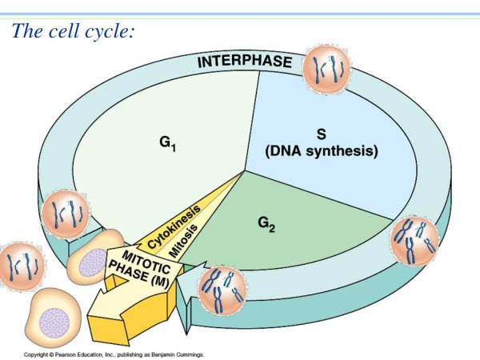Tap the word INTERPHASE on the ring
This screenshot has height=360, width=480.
(245, 62)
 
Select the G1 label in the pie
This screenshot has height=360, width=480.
(166, 145)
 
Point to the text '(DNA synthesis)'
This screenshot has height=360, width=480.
(321, 150)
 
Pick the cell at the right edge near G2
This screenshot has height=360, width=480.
(414, 241)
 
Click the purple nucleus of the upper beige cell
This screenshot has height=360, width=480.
(94, 262)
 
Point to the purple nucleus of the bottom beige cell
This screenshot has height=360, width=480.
(55, 319)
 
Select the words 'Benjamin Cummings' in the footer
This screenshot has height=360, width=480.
(180, 353)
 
